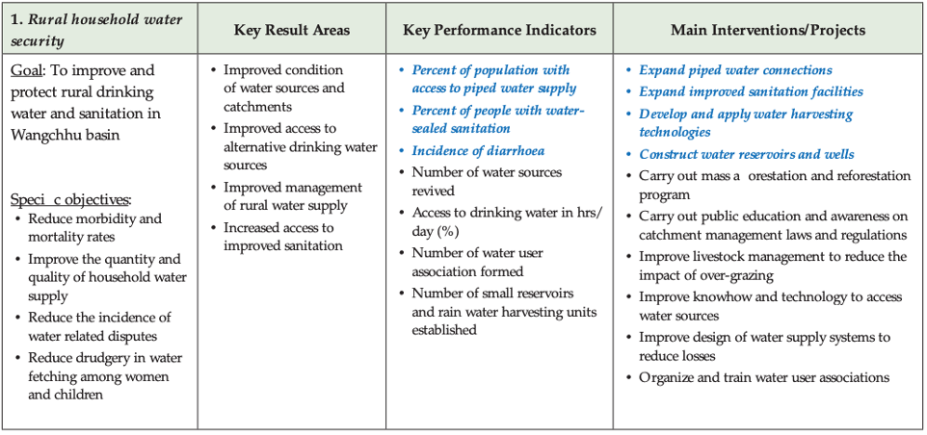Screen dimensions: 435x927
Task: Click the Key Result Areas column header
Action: click(x=292, y=30)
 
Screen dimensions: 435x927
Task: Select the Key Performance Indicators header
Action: click(x=499, y=30)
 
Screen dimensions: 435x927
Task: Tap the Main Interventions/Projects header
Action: click(x=768, y=30)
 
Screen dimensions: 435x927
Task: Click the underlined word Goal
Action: click(x=28, y=70)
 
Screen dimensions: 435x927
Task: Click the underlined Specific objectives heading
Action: click(x=70, y=200)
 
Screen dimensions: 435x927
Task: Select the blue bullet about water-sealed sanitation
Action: click(x=498, y=118)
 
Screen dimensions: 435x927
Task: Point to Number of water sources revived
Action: click(x=487, y=181)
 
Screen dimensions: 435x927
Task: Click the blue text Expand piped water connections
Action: click(x=735, y=70)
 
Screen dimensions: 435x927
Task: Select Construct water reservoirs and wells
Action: click(x=746, y=154)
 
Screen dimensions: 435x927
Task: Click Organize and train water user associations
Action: click(x=763, y=377)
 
